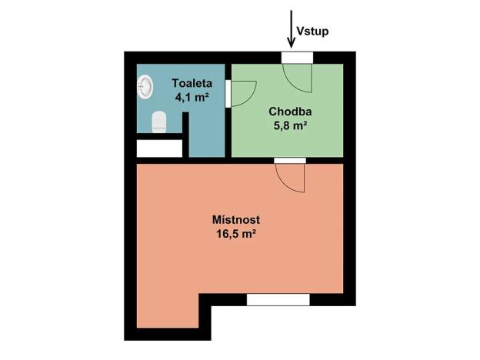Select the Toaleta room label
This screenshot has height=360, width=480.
(190, 82)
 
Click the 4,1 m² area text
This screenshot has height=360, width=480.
(190, 98)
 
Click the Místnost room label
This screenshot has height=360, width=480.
(235, 219)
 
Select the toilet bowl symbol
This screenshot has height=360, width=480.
(159, 122)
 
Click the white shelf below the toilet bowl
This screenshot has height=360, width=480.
(158, 148)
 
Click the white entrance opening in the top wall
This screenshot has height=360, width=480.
(296, 57)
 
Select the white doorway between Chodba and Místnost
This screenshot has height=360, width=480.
(290, 160)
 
